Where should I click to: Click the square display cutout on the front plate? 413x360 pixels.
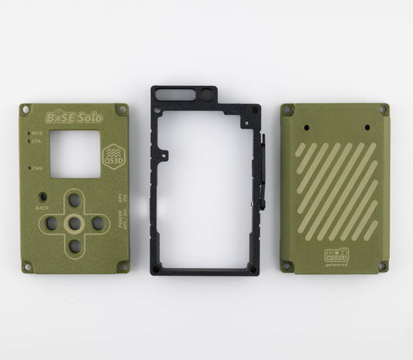tap(76, 153)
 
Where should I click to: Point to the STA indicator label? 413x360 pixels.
tap(36, 142)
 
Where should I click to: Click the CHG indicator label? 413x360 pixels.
tap(36, 168)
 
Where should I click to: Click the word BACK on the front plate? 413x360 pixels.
tap(42, 208)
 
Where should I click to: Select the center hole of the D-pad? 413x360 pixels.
tap(74, 223)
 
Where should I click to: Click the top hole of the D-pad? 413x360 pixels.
tap(74, 200)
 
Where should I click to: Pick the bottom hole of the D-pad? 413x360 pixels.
tap(74, 246)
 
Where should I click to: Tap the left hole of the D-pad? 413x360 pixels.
tap(51, 223)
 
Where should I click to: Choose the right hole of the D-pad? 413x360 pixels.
tap(98, 223)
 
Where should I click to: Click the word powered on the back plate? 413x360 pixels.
tap(337, 265)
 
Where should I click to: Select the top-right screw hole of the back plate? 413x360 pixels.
tap(382, 110)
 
